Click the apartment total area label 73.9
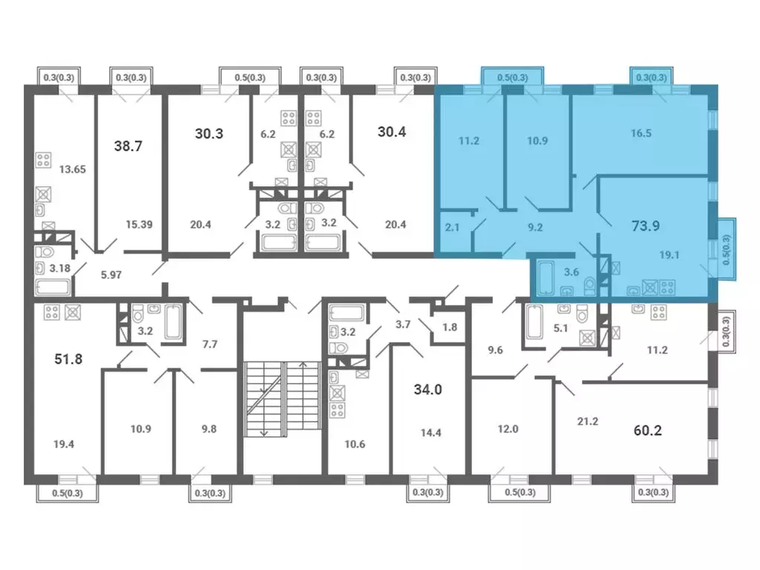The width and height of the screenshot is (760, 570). pyautogui.click(x=646, y=226)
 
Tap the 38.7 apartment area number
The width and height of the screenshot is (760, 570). pyautogui.click(x=128, y=146)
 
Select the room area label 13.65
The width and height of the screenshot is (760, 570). pyautogui.click(x=72, y=169)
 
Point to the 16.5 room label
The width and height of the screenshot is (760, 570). pyautogui.click(x=641, y=134)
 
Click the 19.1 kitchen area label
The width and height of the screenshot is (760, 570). pyautogui.click(x=669, y=255)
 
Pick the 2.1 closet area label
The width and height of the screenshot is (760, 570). pyautogui.click(x=452, y=227)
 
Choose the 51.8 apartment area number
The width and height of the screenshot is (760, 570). pyautogui.click(x=68, y=359)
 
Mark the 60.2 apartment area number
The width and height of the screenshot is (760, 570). pyautogui.click(x=647, y=430)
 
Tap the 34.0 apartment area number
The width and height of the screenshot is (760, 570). pyautogui.click(x=428, y=390)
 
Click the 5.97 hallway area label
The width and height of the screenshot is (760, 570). pyautogui.click(x=111, y=275)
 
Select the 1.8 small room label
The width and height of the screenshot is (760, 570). pyautogui.click(x=450, y=327)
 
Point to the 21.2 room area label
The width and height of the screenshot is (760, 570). pyautogui.click(x=588, y=422)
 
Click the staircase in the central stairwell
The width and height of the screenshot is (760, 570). pyautogui.click(x=283, y=399)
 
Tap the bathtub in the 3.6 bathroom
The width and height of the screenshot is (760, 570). pyautogui.click(x=546, y=278)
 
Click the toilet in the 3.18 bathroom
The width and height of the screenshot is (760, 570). pyautogui.click(x=45, y=252)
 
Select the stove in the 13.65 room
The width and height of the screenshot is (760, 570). pyautogui.click(x=44, y=160)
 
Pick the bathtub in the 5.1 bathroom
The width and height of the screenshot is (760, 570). pyautogui.click(x=534, y=321)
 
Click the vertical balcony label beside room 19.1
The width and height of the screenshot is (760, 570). pyautogui.click(x=726, y=249)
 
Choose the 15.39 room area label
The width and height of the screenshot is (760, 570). pyautogui.click(x=139, y=224)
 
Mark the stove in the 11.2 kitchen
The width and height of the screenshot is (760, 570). pyautogui.click(x=659, y=312)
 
